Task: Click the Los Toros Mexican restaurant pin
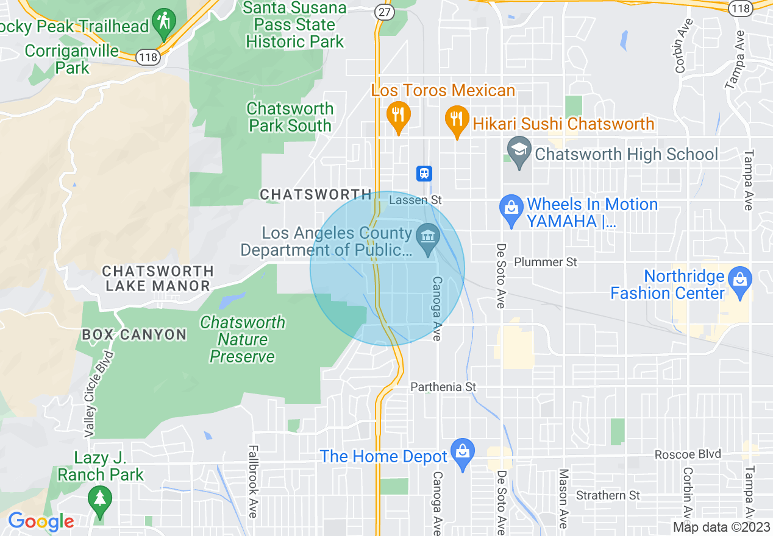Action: (x=398, y=114)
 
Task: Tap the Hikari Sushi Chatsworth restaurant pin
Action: (x=457, y=118)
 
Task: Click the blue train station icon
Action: (x=424, y=174)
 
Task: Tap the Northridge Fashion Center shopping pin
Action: (x=740, y=280)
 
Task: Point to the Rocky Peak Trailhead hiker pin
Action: (x=163, y=22)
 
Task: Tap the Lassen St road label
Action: (x=415, y=200)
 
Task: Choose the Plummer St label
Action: (x=546, y=262)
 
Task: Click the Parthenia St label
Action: (x=443, y=387)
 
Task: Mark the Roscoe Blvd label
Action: (x=688, y=454)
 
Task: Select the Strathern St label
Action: (x=608, y=495)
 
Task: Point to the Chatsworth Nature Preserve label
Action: (x=243, y=339)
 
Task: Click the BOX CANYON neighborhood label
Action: (x=134, y=334)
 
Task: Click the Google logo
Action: (x=41, y=521)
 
